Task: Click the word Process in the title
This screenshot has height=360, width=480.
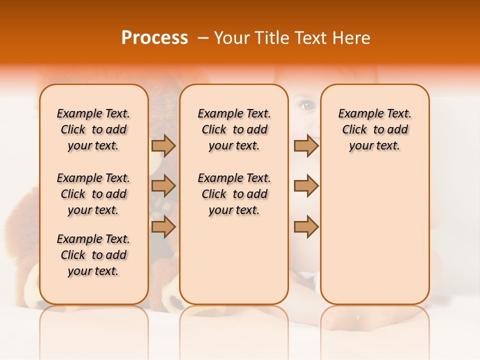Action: click(x=154, y=38)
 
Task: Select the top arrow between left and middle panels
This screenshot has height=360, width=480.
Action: click(x=163, y=145)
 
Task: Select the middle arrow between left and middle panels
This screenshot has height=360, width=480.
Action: click(x=163, y=186)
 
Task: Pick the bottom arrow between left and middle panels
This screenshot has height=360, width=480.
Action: click(x=163, y=226)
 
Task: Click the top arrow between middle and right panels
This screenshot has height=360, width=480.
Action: click(x=306, y=145)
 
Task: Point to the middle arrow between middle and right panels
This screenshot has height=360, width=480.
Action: click(x=306, y=186)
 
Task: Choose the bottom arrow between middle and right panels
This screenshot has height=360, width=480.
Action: click(x=306, y=226)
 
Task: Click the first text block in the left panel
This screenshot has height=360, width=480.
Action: click(x=93, y=129)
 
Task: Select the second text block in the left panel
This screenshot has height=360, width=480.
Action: click(x=93, y=194)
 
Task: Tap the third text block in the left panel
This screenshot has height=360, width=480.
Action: click(x=93, y=255)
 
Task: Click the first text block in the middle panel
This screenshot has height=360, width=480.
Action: click(x=234, y=129)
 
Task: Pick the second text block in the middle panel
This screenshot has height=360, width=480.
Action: click(x=234, y=194)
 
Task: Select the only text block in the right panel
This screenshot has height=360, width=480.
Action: click(x=375, y=129)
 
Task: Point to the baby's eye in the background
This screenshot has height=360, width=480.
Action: click(x=306, y=105)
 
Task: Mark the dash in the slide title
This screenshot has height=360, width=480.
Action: click(x=203, y=38)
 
